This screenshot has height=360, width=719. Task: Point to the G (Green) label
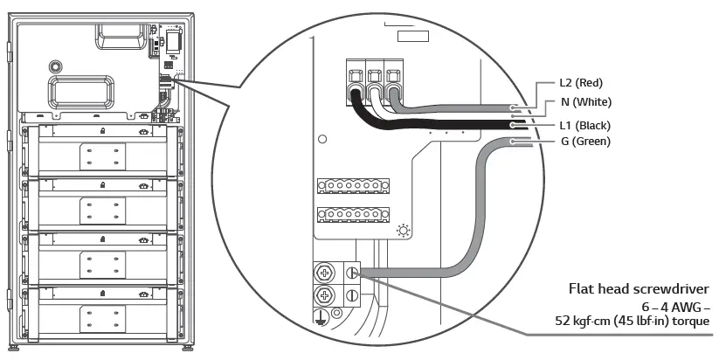pos(585,141)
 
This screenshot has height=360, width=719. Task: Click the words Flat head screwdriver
pos(639,289)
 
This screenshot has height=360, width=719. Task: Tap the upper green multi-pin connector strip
pos(350,187)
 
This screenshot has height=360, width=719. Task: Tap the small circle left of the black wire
pos(323,139)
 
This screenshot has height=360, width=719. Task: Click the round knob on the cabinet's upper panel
pos(55,66)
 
